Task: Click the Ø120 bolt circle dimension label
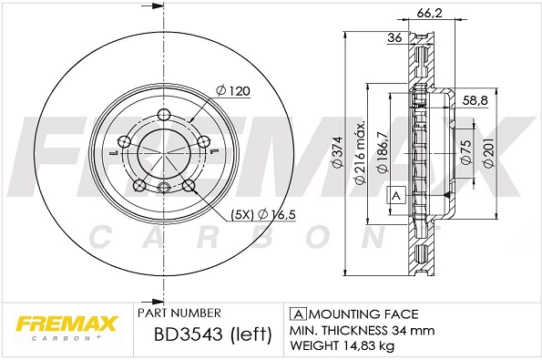click(x=233, y=91)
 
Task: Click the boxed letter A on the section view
click(x=396, y=195)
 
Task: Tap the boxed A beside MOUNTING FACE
click(x=295, y=312)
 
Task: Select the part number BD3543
click(x=180, y=334)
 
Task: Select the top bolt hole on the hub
click(x=164, y=115)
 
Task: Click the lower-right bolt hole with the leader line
click(x=189, y=186)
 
